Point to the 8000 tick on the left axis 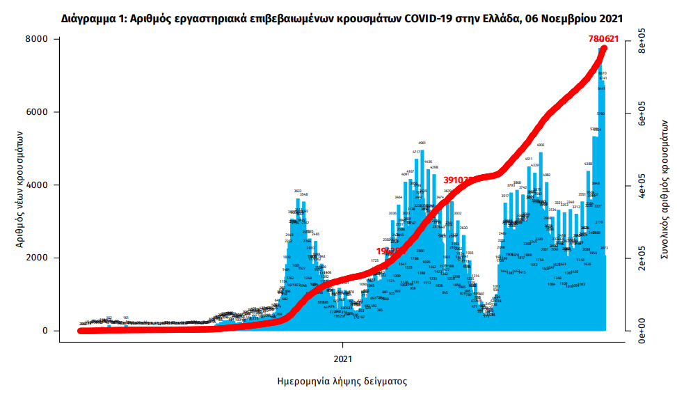click(41, 39)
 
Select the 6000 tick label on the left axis click(41, 112)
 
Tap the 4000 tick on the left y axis click(41, 185)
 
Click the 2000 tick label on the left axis click(41, 258)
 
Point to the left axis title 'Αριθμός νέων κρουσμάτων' click(20, 189)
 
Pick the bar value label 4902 click(541, 145)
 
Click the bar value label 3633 click(298, 191)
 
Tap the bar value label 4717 click(416, 152)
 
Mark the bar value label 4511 click(529, 159)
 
